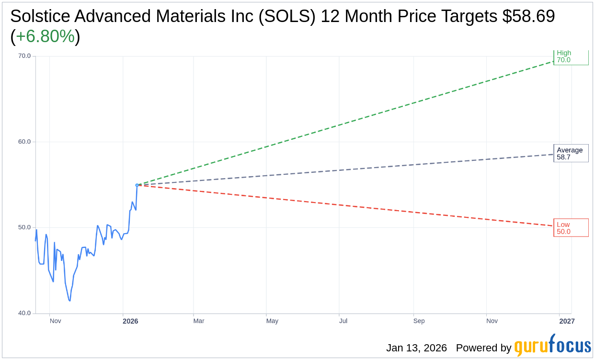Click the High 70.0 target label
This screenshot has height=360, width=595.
pos(570,57)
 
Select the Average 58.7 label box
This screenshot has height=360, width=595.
pos(571,154)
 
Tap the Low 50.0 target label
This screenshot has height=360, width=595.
pos(571,228)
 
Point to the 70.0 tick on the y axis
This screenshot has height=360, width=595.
pos(24,56)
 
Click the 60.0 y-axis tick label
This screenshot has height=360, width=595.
pos(24,142)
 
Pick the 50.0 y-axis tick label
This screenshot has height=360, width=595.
pos(24,227)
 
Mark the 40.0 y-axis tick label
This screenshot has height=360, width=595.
pos(24,313)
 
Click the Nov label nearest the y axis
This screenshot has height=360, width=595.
pos(56,321)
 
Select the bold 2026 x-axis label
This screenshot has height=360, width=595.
pos(130,321)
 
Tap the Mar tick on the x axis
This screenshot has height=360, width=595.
pos(199,321)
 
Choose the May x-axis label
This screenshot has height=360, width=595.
pos(272,321)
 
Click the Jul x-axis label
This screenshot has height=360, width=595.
pos(343,321)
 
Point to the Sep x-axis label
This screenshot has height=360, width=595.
pos(419,321)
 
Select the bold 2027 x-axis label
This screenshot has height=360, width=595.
pos(567,321)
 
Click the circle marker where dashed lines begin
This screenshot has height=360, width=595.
pos(137,185)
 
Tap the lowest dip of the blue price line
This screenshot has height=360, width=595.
pos(70,301)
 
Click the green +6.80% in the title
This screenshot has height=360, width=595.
pos(45,36)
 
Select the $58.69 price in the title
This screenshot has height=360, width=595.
pos(528,16)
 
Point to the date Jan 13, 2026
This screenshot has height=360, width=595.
pos(416,348)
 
